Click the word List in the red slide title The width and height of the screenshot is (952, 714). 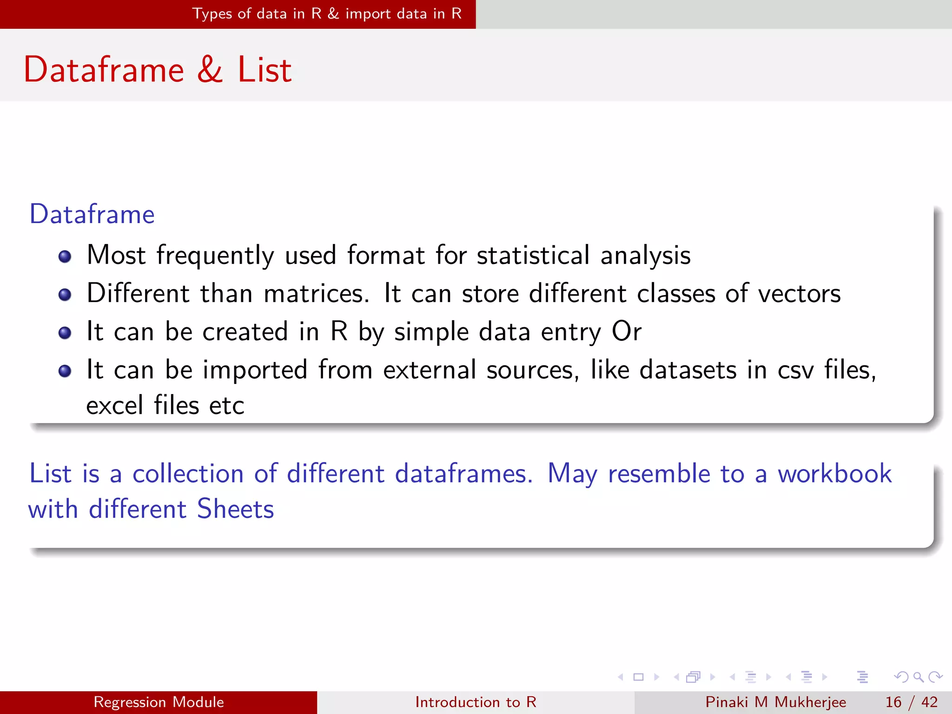[264, 70]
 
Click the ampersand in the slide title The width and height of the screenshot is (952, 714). [210, 70]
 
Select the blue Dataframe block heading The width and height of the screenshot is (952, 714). [92, 214]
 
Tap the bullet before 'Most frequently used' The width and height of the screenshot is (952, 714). [65, 257]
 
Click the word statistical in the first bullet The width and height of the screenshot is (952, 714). [533, 255]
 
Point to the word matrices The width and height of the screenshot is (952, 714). [316, 294]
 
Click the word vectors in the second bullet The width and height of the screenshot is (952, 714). [800, 294]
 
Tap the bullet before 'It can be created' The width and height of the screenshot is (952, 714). [65, 333]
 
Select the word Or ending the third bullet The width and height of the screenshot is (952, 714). [627, 332]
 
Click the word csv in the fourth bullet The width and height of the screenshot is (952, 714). [796, 370]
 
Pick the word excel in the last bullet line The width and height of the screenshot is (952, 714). [114, 405]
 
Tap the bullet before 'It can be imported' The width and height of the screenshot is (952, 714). [65, 371]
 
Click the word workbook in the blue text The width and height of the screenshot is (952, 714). [835, 474]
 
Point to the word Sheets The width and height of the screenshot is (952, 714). [235, 509]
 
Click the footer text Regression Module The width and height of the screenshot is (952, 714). [159, 702]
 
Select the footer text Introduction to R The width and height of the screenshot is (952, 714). [476, 702]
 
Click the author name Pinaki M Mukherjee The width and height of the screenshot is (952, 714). [775, 702]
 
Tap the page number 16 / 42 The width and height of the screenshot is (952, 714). [911, 702]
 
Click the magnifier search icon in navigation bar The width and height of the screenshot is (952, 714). [918, 677]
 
